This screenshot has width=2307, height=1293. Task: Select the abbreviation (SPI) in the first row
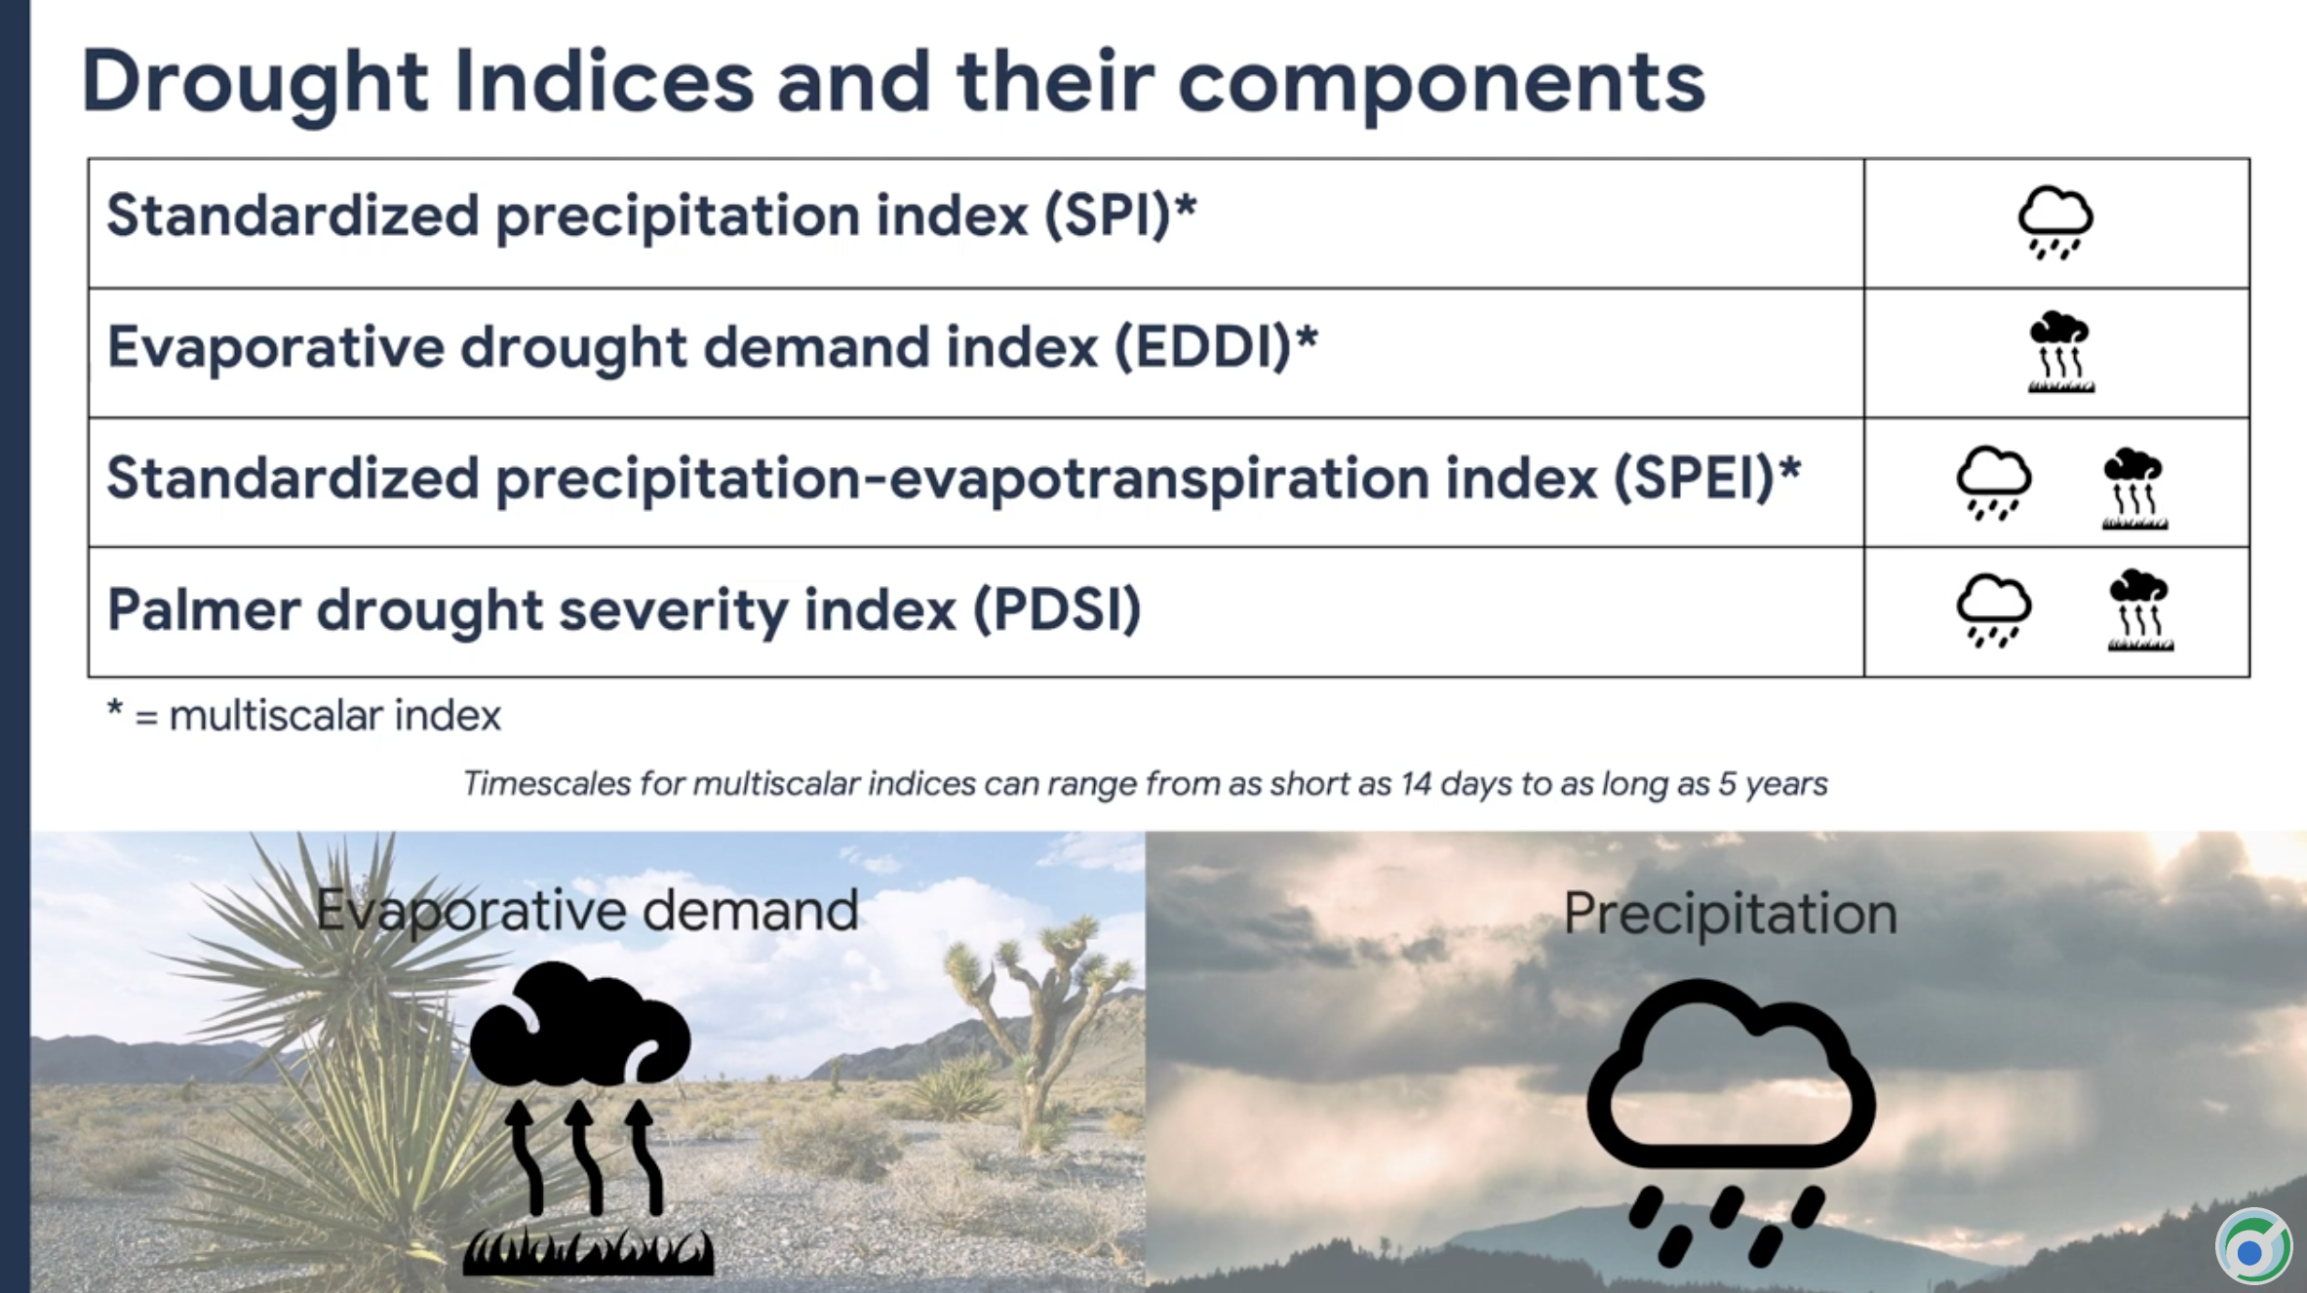click(1108, 215)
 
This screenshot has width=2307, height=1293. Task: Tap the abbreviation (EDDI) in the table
click(1203, 346)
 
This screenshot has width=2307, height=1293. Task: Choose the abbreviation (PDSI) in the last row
click(1058, 609)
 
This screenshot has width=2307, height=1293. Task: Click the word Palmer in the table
click(204, 609)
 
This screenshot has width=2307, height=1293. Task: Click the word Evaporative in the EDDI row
click(276, 347)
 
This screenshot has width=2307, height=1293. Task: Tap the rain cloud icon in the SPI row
click(2055, 222)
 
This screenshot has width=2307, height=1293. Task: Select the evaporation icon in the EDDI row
click(2060, 352)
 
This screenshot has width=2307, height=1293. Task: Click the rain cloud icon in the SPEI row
click(1993, 483)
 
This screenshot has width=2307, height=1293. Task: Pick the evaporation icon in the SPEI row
click(2134, 489)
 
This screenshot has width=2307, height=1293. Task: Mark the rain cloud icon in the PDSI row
click(1993, 610)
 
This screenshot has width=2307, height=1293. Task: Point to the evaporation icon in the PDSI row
click(2140, 610)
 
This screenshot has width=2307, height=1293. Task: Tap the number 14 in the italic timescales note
click(1416, 784)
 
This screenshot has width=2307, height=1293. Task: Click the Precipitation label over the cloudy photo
click(1731, 915)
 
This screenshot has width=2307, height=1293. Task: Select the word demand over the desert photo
click(750, 911)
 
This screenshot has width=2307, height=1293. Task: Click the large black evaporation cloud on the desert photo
click(581, 1025)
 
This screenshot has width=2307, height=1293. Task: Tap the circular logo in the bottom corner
click(2252, 1247)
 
